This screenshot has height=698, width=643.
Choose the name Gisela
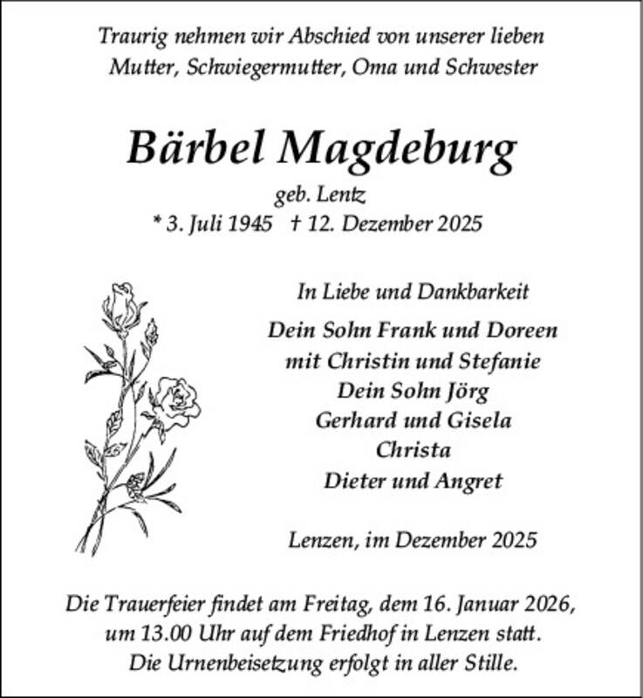476,421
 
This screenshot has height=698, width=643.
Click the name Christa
413,450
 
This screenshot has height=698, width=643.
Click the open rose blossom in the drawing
179,400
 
